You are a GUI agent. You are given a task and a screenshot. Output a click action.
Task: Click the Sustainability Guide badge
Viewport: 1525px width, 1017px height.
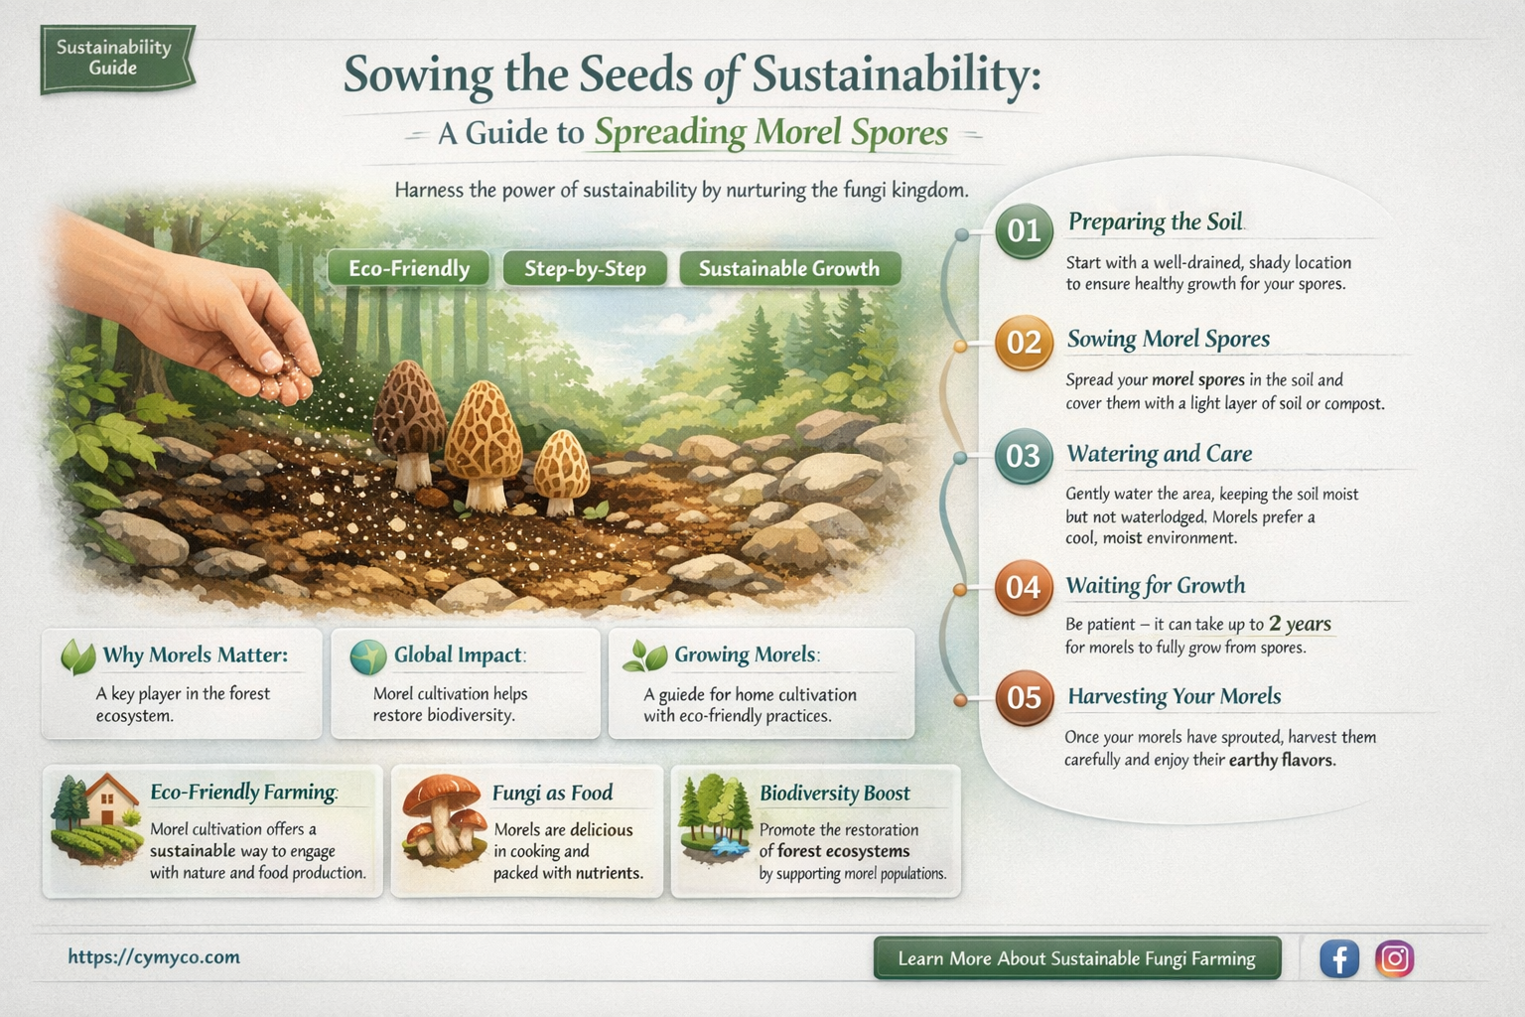coord(116,59)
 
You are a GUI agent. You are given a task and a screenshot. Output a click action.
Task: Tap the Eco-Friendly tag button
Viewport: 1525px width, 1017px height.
coord(409,268)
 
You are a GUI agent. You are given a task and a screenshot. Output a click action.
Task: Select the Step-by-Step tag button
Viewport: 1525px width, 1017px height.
coord(585,268)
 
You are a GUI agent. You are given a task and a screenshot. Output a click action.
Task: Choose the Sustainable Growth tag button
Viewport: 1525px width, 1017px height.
coord(789,268)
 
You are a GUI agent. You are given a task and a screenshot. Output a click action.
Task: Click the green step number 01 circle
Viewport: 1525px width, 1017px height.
coord(1024,230)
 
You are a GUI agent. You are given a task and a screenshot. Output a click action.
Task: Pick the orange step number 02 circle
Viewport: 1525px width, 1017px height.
coord(1024,343)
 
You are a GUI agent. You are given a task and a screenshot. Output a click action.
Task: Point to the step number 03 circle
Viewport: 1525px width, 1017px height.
coord(1023,456)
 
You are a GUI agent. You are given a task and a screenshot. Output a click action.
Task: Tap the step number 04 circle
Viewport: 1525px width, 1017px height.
coord(1024,587)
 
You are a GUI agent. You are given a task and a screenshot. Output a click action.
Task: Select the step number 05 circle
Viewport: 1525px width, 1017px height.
coord(1024,697)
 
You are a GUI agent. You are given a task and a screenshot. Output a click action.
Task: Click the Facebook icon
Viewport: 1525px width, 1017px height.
coord(1338,958)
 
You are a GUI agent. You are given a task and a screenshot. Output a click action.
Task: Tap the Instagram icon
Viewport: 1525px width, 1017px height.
coord(1395,958)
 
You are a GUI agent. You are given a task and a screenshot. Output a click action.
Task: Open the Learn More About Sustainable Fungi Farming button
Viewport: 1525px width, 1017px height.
coord(1076,958)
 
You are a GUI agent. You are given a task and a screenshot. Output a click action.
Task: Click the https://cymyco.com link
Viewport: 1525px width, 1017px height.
coord(154,956)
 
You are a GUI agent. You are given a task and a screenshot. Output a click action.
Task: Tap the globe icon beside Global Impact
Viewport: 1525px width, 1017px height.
coord(367,656)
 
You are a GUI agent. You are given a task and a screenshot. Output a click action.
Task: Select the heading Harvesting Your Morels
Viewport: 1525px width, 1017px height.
coord(1175,696)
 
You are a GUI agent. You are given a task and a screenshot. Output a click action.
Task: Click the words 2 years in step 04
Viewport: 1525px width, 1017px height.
coord(1300,624)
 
